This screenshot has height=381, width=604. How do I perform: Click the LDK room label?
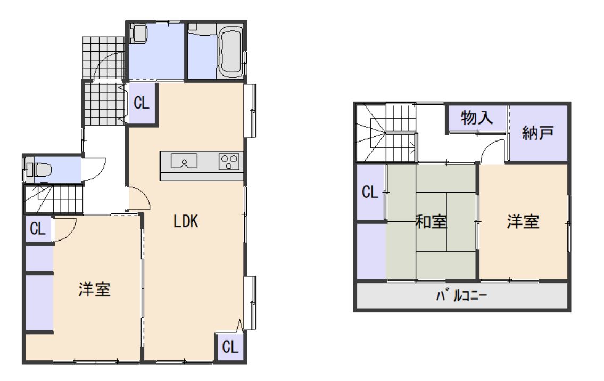(186, 221)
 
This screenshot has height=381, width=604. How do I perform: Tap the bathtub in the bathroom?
(231, 49)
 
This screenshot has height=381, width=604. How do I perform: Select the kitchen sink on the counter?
(184, 161)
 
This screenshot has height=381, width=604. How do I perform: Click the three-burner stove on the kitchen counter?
(229, 161)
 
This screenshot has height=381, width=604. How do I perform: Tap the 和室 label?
(431, 222)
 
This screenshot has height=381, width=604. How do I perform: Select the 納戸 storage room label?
(537, 133)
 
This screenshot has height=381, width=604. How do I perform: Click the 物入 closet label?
(477, 118)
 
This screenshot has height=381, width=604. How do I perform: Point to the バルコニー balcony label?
(461, 296)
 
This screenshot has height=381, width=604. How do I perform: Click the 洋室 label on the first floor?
(94, 289)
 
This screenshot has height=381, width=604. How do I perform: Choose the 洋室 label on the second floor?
(523, 222)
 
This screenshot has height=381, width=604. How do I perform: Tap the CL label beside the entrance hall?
(142, 103)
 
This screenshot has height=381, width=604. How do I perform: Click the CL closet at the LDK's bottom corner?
(230, 347)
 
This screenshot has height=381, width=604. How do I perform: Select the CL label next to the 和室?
(370, 192)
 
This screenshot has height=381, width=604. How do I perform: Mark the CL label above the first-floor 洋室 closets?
(38, 229)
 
